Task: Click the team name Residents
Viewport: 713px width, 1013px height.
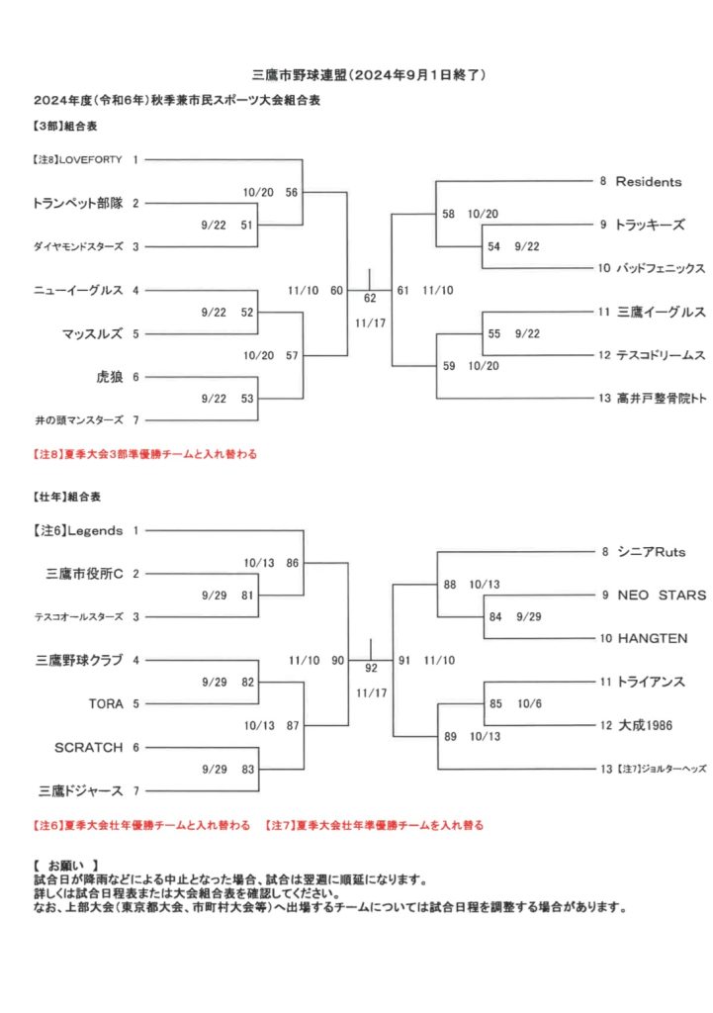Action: pos(649,182)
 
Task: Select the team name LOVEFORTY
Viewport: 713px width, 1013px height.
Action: pos(90,159)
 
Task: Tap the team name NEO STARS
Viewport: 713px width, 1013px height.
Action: pos(662,595)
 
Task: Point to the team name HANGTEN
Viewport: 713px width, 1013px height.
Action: pos(653,638)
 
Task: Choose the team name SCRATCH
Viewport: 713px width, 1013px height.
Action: pos(88,748)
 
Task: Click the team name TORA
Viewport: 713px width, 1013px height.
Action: pos(106,703)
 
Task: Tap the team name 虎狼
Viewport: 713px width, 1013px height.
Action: pos(109,377)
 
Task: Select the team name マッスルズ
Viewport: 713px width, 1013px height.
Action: pos(92,334)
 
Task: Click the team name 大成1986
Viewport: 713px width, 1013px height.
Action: pos(645,725)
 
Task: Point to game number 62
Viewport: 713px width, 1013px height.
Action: pos(370,298)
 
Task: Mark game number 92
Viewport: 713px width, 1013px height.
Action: pos(371,668)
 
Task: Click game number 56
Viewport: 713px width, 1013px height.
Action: pos(292,192)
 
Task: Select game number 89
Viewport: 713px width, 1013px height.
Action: pos(450,736)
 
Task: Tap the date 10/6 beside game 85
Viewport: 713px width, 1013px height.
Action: pos(529,703)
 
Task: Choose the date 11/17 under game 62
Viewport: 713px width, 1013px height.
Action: pos(370,323)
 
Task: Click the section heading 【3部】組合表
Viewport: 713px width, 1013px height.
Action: pos(65,126)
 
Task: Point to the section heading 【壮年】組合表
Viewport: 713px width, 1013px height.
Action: pos(67,497)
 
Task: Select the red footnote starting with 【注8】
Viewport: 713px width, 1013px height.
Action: pos(145,454)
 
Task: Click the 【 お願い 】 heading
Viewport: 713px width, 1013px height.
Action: pos(66,866)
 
